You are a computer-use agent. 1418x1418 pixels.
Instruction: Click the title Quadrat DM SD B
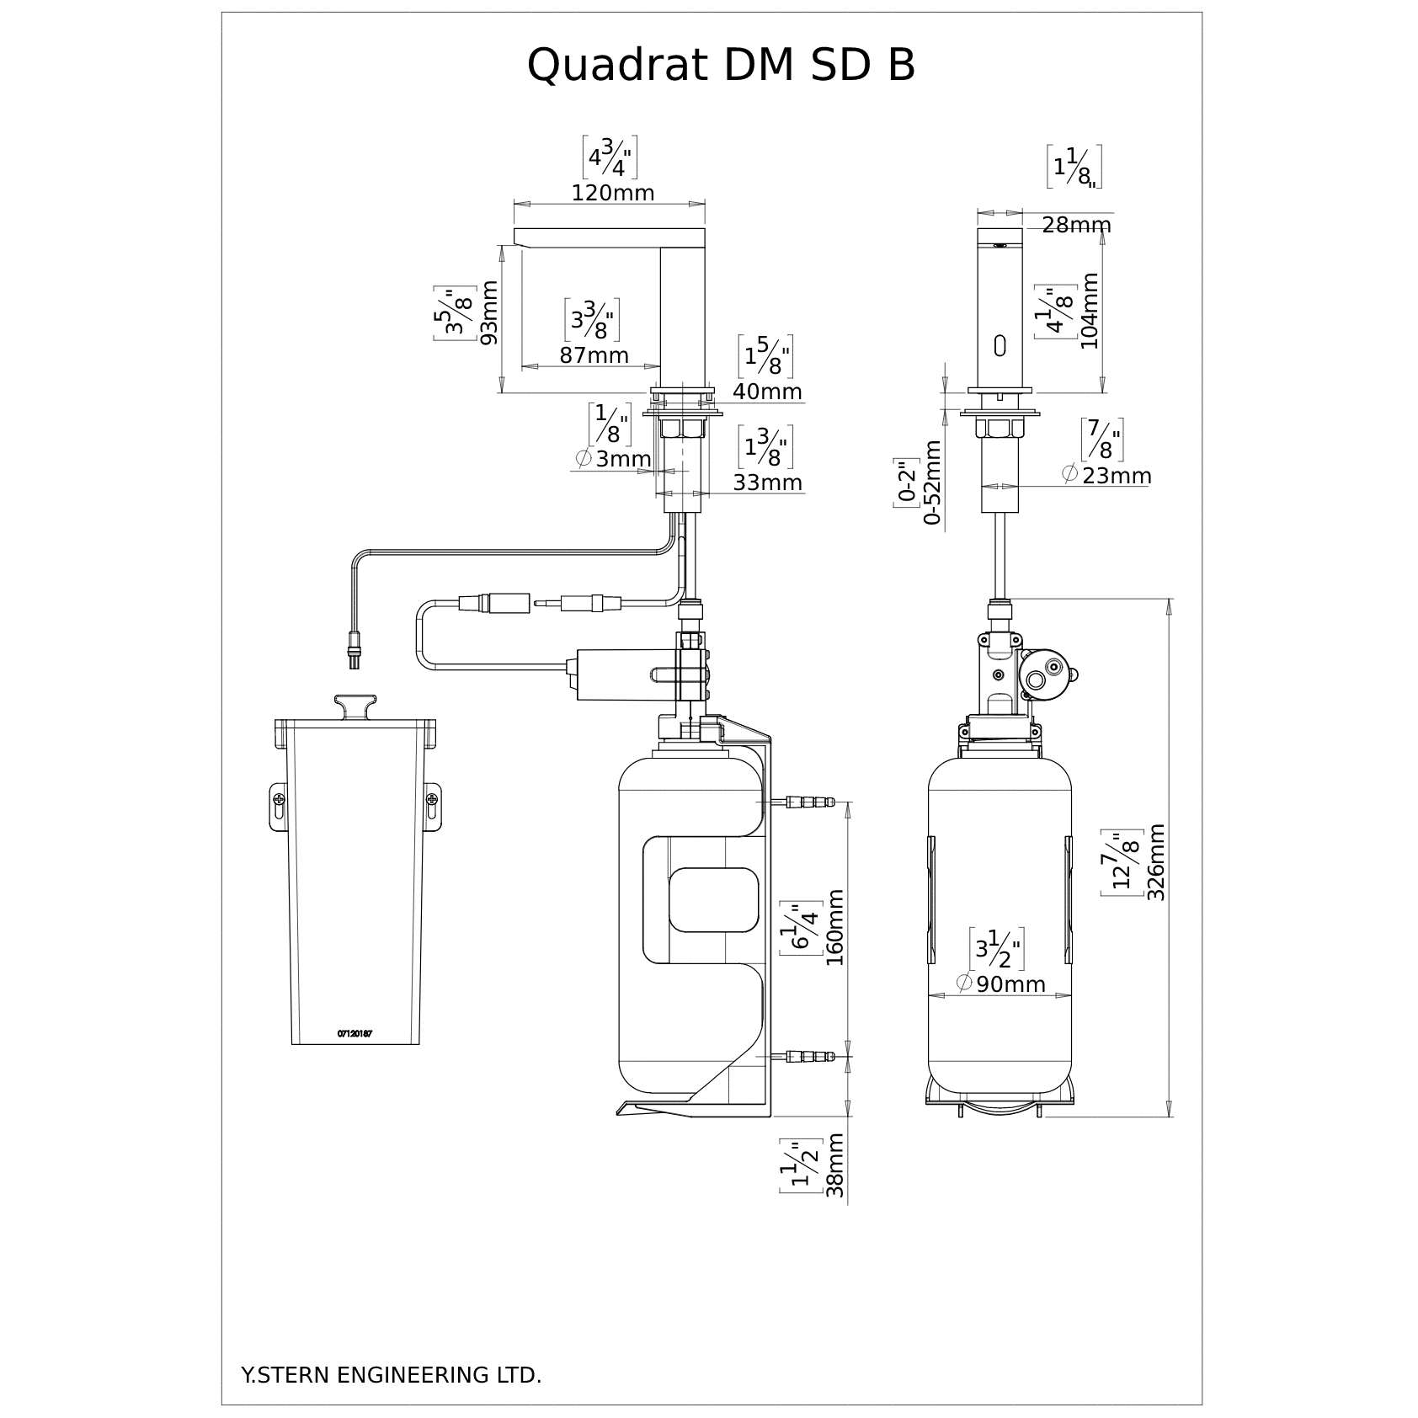click(721, 65)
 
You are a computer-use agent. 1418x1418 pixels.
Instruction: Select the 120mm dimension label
click(613, 193)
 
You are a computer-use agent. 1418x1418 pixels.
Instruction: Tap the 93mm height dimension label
click(489, 312)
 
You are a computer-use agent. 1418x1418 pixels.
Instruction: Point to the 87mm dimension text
click(594, 355)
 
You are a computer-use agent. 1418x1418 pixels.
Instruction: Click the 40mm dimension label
click(767, 392)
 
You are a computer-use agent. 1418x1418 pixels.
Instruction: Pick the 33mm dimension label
click(767, 482)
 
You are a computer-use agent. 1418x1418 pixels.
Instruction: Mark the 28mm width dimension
click(1076, 225)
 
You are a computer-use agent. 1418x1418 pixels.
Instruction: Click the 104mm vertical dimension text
click(1090, 311)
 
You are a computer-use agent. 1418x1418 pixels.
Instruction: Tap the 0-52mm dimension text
click(933, 482)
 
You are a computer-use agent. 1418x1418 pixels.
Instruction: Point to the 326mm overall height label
click(1157, 862)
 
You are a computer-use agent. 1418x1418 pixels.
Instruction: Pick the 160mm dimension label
click(834, 928)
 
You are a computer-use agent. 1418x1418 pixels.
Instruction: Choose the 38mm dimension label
click(834, 1165)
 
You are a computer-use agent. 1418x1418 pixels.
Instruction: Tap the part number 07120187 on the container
click(354, 1033)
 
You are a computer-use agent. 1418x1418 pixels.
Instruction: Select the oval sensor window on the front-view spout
click(1000, 345)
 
